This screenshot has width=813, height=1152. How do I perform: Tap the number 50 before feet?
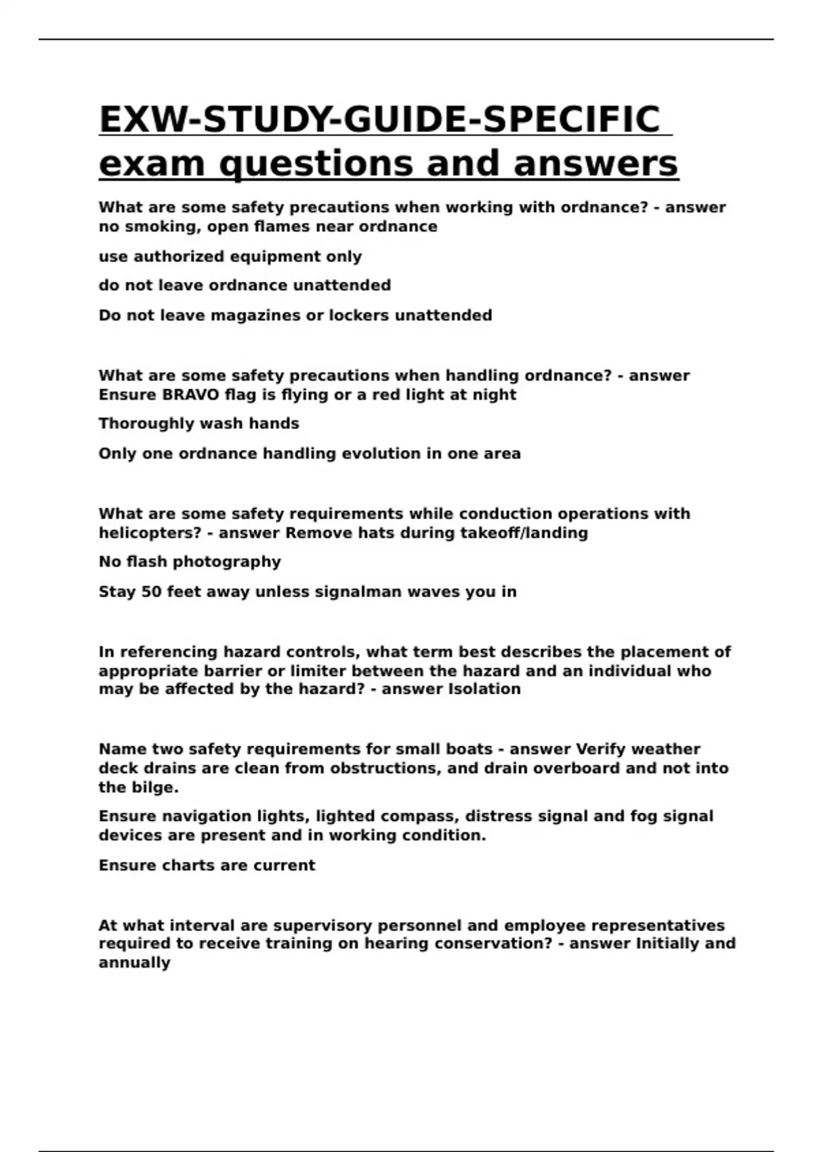click(x=151, y=592)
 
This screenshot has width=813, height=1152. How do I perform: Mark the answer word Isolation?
click(x=485, y=689)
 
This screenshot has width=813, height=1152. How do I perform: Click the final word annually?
click(x=134, y=963)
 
